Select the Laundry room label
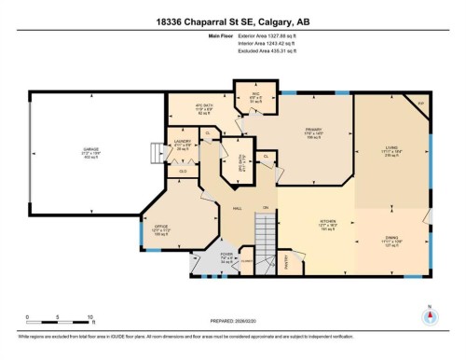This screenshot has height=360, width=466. point(182,145)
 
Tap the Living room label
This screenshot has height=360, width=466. point(391,150)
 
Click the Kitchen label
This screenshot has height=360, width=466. point(328,225)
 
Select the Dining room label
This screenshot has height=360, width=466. point(391,240)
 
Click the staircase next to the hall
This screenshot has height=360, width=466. point(266,234)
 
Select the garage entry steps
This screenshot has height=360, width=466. point(154,151)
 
